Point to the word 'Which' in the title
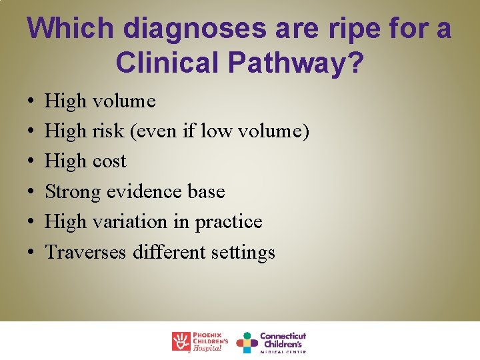(65, 29)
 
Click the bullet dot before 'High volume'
(33, 102)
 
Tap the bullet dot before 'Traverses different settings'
(33, 253)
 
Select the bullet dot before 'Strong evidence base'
(33, 193)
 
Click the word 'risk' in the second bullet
(109, 131)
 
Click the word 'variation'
(133, 222)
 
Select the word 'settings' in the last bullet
(243, 253)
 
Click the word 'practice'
(229, 222)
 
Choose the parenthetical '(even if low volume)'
(221, 131)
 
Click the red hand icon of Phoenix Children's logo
(181, 341)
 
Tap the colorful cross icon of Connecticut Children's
(247, 342)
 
